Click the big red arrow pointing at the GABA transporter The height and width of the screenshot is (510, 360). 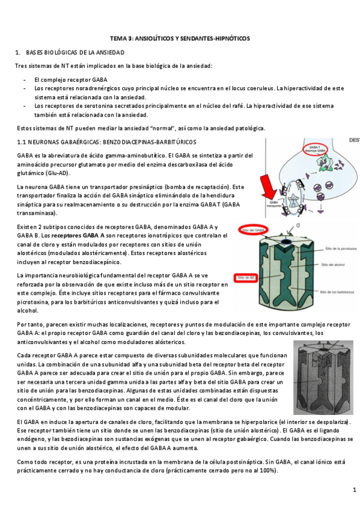[269, 189]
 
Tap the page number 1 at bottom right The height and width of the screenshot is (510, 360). [354, 491]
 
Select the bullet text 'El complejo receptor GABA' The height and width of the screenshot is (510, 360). [72, 79]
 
